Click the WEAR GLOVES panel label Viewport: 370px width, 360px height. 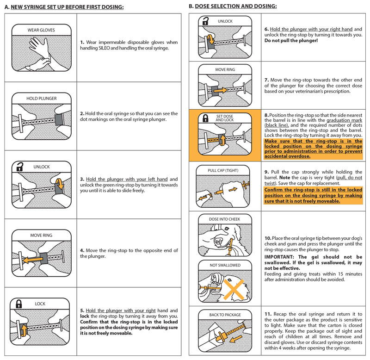(x=41, y=30)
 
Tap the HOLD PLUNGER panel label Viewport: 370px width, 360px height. (x=41, y=99)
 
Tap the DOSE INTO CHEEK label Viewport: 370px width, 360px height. (x=224, y=218)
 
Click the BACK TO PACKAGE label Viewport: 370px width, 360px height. (x=225, y=315)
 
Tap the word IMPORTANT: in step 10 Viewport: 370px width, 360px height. (x=279, y=256)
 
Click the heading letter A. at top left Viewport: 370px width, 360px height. (x=6, y=7)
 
